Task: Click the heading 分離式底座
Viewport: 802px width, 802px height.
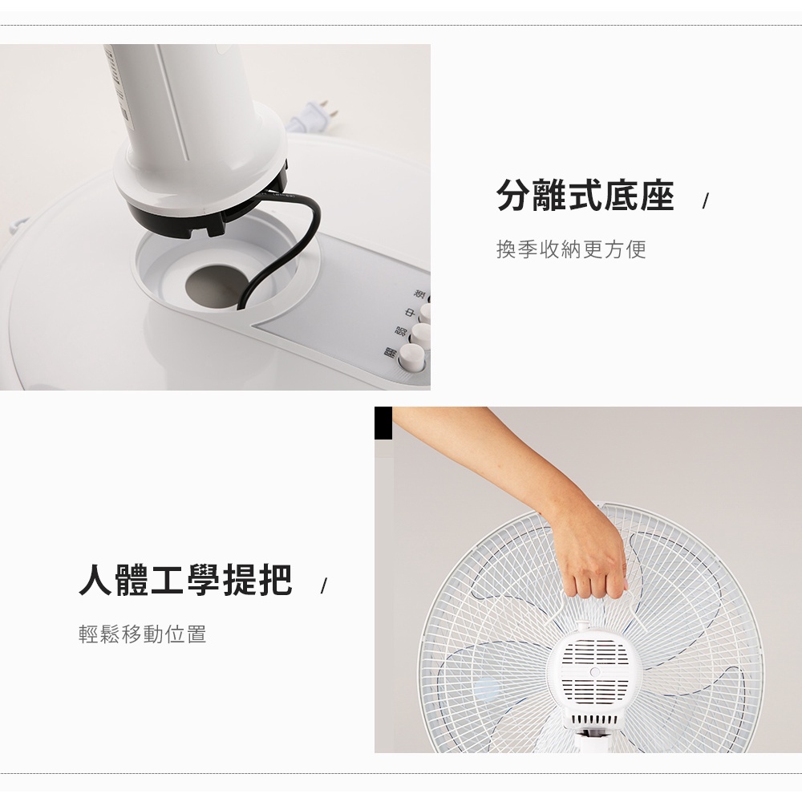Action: click(x=585, y=196)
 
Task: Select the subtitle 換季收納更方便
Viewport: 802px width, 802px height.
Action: click(x=571, y=249)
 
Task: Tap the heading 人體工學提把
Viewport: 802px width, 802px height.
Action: click(x=185, y=580)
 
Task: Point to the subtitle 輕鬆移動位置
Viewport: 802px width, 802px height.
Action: click(x=143, y=634)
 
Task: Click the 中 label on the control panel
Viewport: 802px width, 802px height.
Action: click(x=408, y=313)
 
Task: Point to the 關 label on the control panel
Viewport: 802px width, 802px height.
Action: click(x=391, y=353)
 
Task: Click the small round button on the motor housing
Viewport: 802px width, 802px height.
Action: click(x=594, y=671)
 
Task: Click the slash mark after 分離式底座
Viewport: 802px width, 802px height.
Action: click(x=705, y=201)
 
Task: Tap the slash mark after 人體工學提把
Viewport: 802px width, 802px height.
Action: click(x=322, y=586)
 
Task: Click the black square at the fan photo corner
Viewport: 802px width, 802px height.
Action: click(x=383, y=423)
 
